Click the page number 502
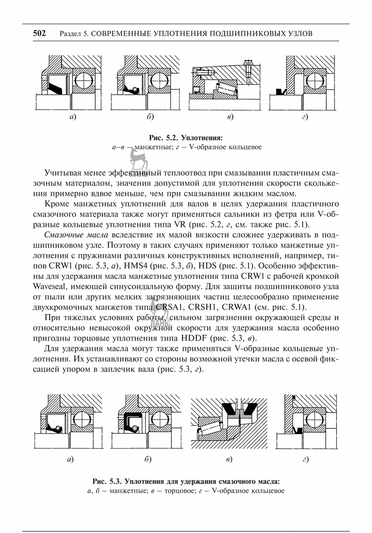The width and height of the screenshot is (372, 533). [39, 33]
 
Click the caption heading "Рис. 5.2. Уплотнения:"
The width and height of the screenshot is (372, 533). [186, 138]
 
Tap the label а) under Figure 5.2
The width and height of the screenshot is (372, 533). [72, 117]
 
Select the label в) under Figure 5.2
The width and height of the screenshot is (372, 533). [230, 117]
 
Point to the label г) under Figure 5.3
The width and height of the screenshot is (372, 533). [305, 460]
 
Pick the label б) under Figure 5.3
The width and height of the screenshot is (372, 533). [148, 459]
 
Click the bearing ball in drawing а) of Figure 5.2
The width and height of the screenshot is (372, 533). [83, 81]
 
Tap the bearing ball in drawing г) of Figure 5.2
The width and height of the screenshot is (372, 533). [314, 81]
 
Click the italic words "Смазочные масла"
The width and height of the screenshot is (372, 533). [76, 235]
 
